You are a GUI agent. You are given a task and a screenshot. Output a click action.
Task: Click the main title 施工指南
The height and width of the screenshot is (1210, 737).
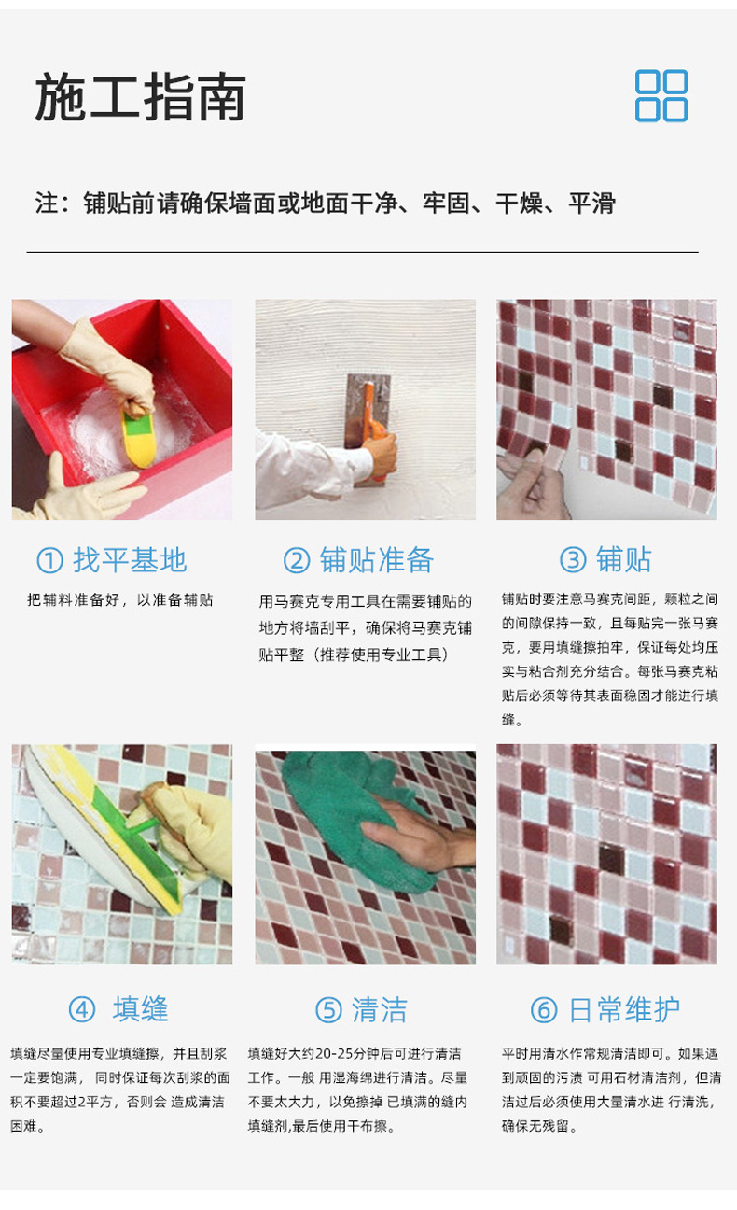[x=140, y=97]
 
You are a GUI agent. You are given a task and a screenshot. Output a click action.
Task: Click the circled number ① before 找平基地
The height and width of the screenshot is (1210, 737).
[x=49, y=560]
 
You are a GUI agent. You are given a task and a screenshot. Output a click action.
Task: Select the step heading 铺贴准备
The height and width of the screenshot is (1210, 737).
[x=376, y=559]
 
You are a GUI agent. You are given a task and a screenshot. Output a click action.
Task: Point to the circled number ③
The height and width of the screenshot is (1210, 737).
[x=573, y=559]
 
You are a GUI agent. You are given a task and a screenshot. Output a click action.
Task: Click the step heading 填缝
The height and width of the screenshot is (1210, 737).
[x=140, y=1008]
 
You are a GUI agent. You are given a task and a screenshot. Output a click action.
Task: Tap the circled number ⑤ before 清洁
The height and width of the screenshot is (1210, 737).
[x=328, y=1009]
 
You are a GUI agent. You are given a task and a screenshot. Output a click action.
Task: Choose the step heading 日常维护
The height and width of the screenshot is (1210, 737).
[x=624, y=1009]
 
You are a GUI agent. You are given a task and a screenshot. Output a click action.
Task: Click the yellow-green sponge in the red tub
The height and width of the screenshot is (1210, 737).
[x=139, y=439]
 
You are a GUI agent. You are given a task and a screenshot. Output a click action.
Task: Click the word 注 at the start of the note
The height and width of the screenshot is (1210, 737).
[x=47, y=204]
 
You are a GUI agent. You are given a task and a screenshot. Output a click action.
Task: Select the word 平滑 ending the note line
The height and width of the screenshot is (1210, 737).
[x=591, y=204]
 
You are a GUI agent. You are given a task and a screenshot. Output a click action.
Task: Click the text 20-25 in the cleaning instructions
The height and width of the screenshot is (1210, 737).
[x=337, y=1054]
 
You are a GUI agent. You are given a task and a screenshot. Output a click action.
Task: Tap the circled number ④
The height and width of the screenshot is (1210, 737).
[x=81, y=1009]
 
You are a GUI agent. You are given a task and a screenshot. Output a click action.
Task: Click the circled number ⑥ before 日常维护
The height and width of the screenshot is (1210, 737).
[x=543, y=1009]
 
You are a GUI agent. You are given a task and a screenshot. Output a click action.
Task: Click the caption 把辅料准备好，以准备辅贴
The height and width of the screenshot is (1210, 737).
[x=119, y=600]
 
